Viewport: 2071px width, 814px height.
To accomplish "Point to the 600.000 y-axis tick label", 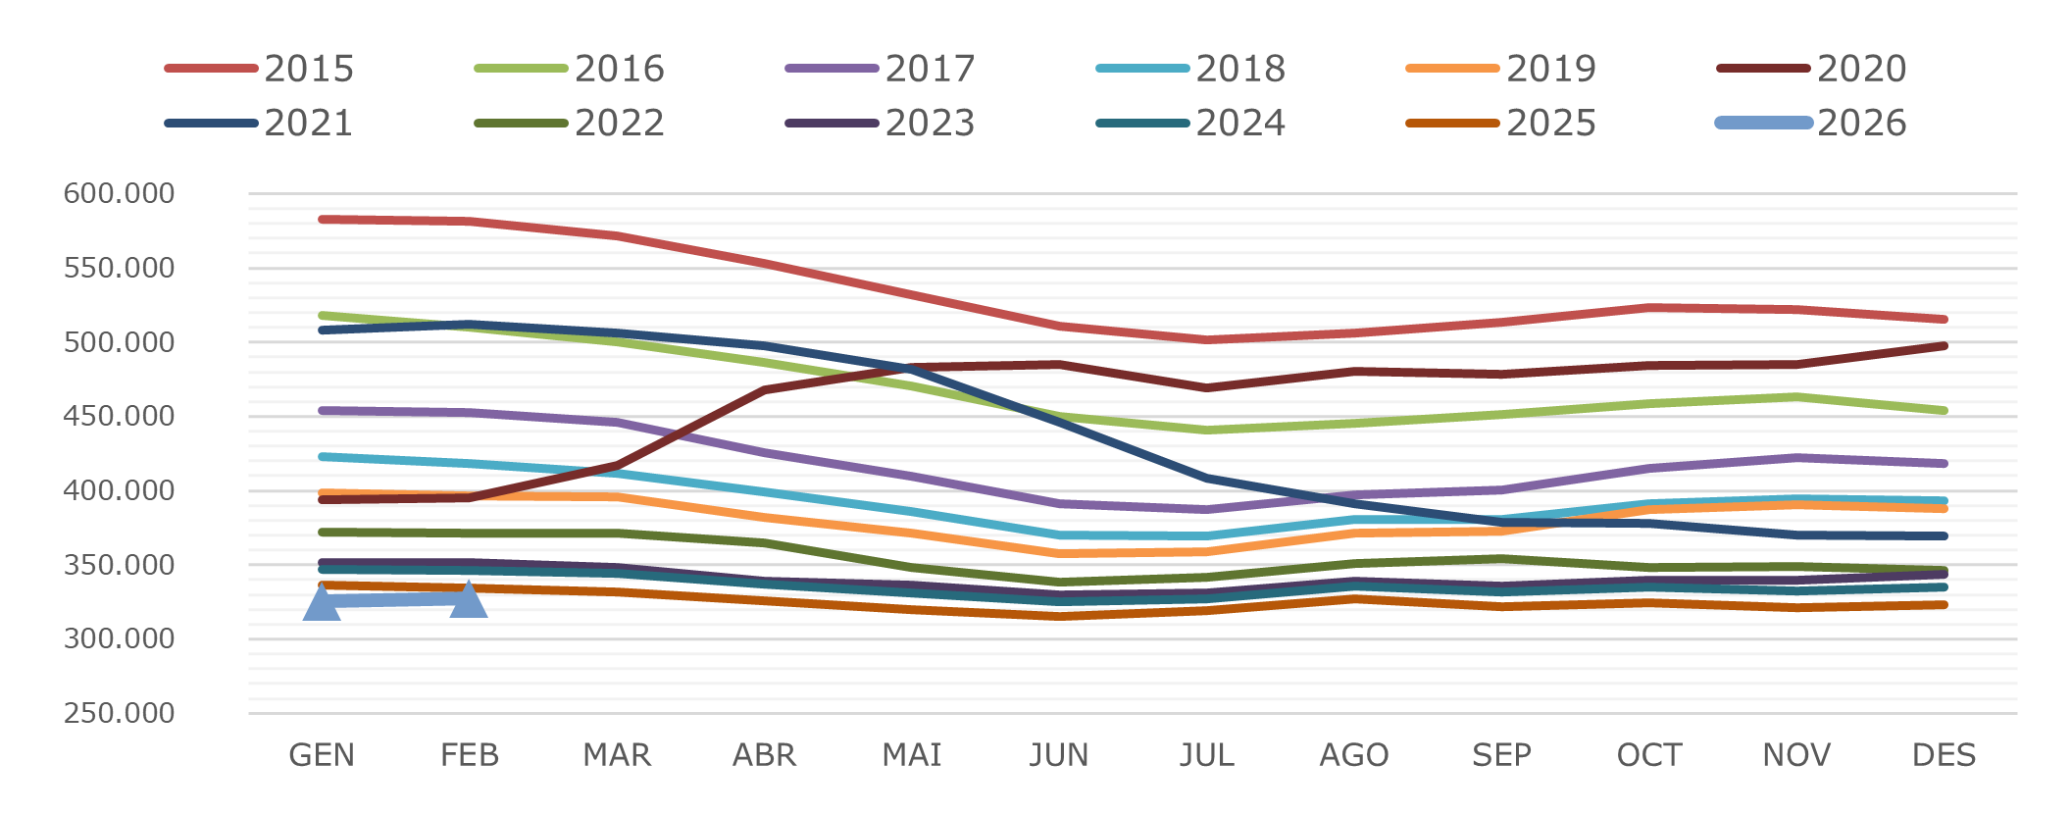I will (120, 193).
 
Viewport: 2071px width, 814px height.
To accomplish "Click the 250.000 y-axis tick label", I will (120, 713).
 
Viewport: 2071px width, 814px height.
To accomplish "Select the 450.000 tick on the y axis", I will (120, 416).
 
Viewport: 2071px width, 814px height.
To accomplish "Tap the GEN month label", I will (322, 755).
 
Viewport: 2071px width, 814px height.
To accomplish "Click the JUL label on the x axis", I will (1207, 755).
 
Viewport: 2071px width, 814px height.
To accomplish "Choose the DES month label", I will (1945, 755).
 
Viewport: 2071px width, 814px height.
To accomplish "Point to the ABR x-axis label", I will (765, 755).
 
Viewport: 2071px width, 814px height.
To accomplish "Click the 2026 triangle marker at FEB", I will (469, 600).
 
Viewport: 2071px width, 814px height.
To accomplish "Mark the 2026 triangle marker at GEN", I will (322, 602).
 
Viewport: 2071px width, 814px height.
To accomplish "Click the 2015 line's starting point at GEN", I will (322, 220).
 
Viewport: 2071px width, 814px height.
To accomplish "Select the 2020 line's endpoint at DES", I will (1945, 346).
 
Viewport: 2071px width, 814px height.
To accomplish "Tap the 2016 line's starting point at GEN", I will (322, 316).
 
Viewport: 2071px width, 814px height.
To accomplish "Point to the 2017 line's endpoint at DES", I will (1945, 464).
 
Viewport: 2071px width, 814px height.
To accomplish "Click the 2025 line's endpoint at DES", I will (1945, 605).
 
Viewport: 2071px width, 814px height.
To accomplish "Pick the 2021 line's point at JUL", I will (1207, 479).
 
